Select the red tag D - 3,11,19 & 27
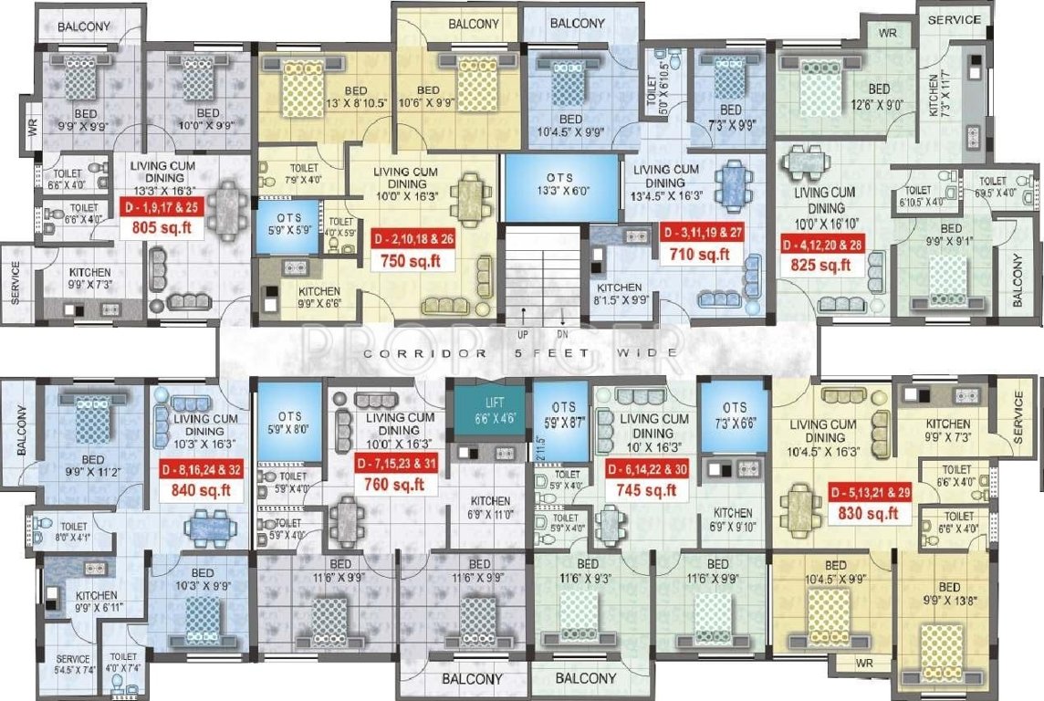tap(705, 232)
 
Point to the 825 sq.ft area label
tap(821, 267)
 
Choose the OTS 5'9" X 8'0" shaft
tap(288, 423)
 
